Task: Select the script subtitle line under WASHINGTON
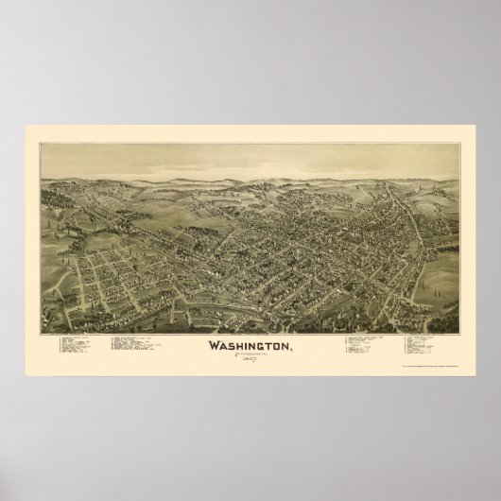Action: [251, 356]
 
